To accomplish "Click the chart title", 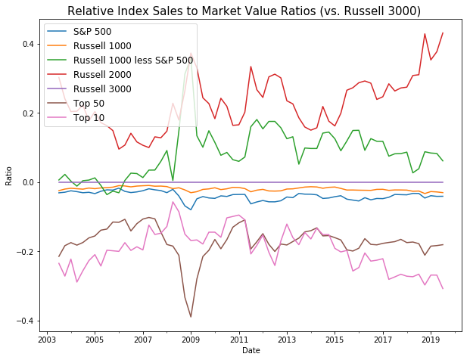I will click(254, 11).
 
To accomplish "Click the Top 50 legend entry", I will click(90, 104).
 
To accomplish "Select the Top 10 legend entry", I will click(90, 118).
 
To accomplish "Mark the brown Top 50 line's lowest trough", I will click(191, 317).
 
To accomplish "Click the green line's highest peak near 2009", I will click(191, 57).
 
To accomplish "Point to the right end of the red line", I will click(443, 33).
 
